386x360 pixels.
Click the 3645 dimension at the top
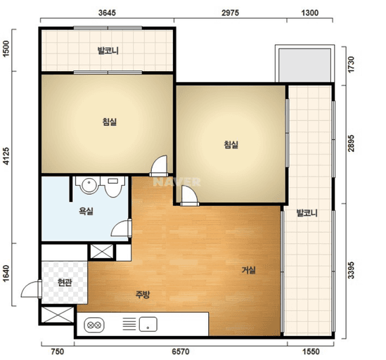coord(107,13)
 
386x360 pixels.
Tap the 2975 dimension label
coord(230,13)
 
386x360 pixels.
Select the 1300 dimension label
coord(310,13)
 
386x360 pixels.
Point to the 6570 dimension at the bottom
coord(181,352)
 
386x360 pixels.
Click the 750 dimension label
coord(58,352)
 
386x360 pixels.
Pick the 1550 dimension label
coord(311,352)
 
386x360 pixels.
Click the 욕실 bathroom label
coord(86,211)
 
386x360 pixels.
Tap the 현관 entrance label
coord(65,283)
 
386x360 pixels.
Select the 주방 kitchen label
coord(143,295)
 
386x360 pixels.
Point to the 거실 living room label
coord(249,270)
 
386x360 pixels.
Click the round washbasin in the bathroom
coord(88,185)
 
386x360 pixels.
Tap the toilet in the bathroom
coord(113,186)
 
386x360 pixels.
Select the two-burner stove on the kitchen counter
coord(94,325)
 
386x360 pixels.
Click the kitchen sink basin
coord(148,324)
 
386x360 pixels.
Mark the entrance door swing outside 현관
coord(31,289)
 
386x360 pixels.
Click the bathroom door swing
coord(121,229)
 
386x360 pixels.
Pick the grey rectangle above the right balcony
coord(304,65)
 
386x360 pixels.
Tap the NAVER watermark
coord(176,182)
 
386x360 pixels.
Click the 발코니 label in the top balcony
coord(108,51)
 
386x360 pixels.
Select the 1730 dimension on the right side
coord(351,65)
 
